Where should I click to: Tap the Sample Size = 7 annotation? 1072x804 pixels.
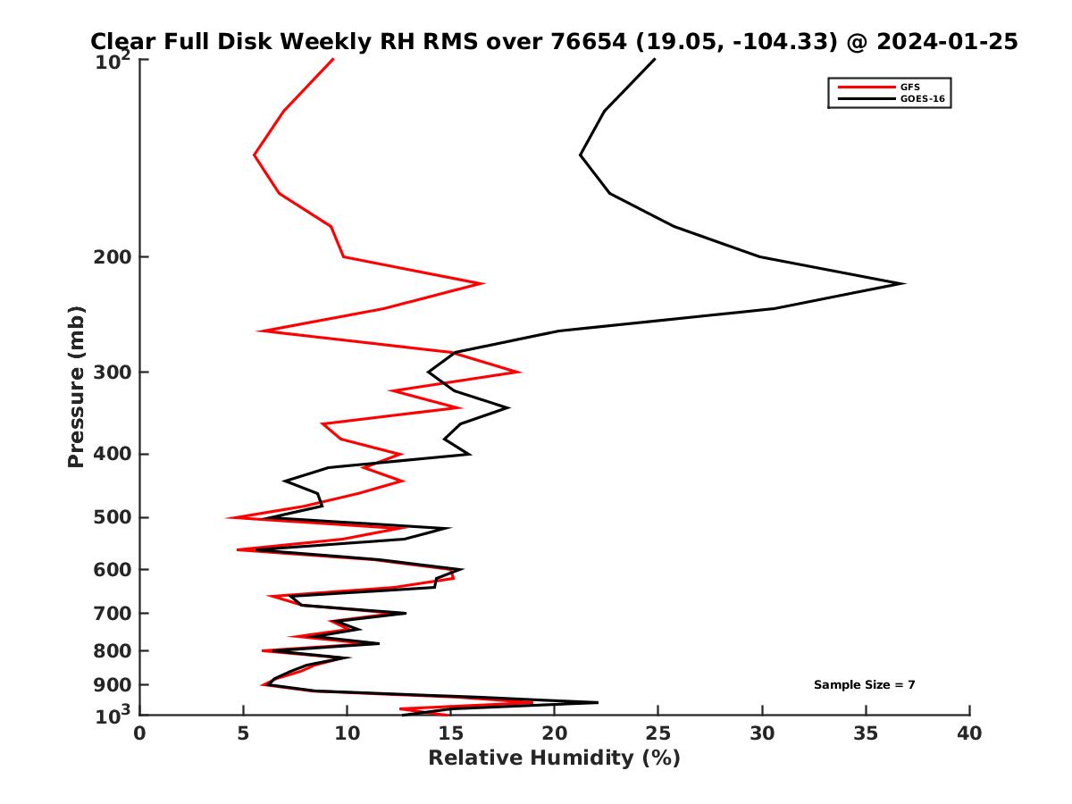pyautogui.click(x=864, y=685)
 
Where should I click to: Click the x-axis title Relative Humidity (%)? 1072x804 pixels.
pyautogui.click(x=554, y=758)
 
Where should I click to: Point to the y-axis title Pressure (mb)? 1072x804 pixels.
pyautogui.click(x=76, y=386)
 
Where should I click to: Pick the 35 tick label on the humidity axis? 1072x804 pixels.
pyautogui.click(x=866, y=733)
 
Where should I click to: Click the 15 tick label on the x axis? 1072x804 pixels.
pyautogui.click(x=450, y=733)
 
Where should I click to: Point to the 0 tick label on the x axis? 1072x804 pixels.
pyautogui.click(x=139, y=733)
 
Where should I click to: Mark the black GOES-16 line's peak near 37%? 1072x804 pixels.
pyautogui.click(x=905, y=284)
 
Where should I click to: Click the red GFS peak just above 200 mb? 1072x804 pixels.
pyautogui.click(x=483, y=283)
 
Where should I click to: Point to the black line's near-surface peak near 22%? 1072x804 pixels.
pyautogui.click(x=598, y=702)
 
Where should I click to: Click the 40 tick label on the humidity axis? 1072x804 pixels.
pyautogui.click(x=969, y=733)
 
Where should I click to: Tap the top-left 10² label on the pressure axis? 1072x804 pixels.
pyautogui.click(x=114, y=61)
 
